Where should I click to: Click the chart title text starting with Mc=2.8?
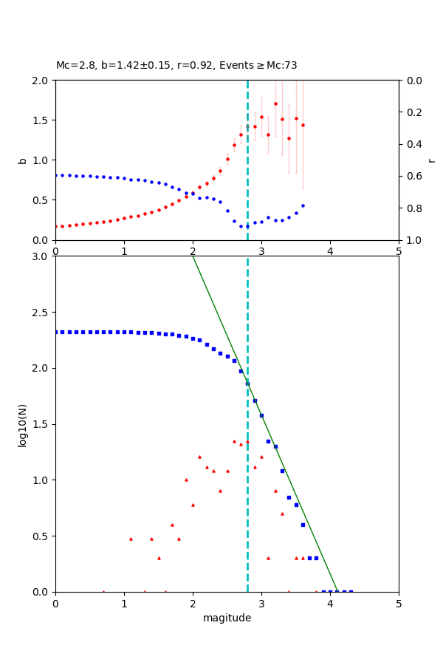point(176,66)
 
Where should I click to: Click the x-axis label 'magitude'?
point(227,618)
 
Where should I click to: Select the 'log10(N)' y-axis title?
point(22,424)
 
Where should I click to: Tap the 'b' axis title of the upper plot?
point(22,160)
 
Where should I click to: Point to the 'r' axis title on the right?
point(431,160)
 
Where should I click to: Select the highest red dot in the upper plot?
point(275,103)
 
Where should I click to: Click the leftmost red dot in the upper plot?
point(56,227)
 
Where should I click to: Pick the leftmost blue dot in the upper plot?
point(56,175)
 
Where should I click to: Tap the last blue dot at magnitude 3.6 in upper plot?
point(303,205)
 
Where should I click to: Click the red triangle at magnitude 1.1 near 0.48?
point(131,539)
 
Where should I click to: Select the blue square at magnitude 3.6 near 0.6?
point(303,525)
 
